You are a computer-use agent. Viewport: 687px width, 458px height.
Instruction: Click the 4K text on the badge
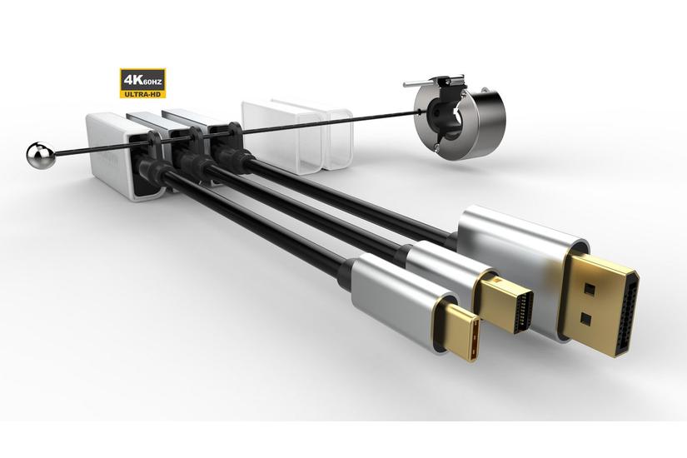point(132,80)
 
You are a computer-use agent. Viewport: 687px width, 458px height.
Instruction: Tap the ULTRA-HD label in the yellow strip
point(142,93)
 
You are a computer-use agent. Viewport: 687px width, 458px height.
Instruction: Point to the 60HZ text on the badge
point(152,82)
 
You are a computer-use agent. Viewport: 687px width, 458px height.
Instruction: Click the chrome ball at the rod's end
point(40,155)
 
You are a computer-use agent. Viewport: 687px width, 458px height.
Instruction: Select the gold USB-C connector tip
point(456,330)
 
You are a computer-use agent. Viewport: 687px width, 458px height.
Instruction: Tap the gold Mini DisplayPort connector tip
point(506,303)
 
